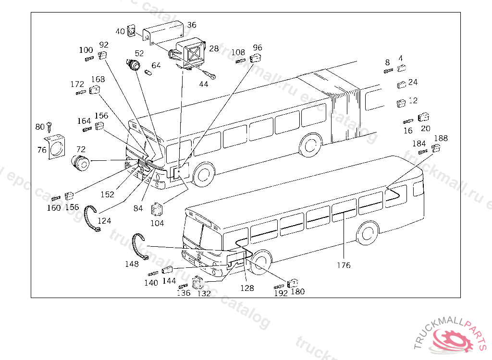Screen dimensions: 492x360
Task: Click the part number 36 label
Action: (x=192, y=25)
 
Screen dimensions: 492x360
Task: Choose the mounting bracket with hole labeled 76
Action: (x=55, y=147)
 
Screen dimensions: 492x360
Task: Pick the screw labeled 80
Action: (x=49, y=127)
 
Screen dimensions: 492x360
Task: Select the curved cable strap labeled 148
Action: (x=138, y=246)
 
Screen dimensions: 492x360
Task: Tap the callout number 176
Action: (x=344, y=265)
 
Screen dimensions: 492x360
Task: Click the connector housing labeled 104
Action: (x=156, y=209)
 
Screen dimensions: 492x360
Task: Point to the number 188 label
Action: (x=441, y=138)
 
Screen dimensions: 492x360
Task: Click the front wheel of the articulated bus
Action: (x=204, y=174)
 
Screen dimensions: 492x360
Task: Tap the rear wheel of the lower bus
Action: (x=367, y=233)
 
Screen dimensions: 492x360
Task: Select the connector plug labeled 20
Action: (x=423, y=117)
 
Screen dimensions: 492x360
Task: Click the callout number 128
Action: (x=247, y=288)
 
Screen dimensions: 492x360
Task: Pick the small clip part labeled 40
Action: (x=132, y=30)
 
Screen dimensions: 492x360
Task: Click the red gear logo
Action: (x=452, y=340)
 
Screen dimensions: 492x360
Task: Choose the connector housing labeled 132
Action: (x=197, y=283)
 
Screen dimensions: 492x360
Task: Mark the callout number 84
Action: (x=138, y=208)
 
